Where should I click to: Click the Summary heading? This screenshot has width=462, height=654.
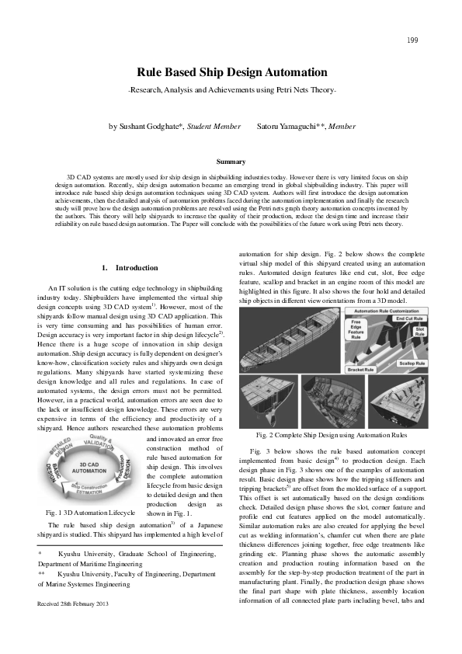[x=231, y=162]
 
